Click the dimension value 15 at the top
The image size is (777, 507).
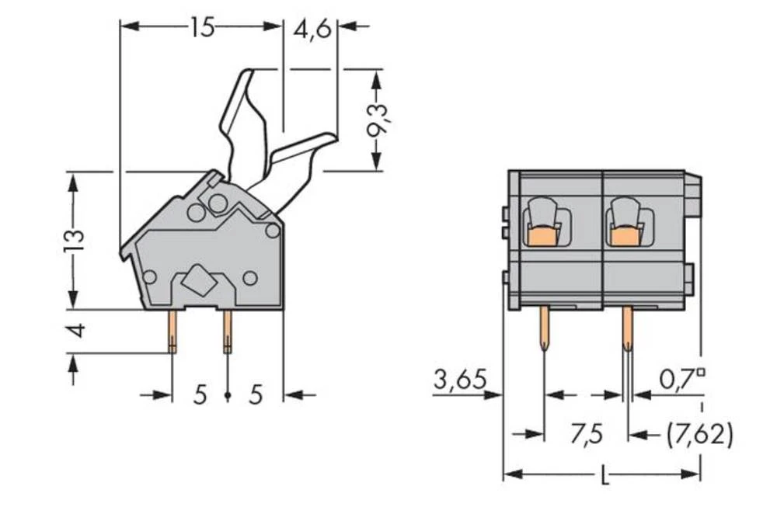(x=201, y=28)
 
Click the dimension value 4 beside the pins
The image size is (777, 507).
(x=75, y=332)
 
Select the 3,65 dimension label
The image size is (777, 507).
(x=459, y=380)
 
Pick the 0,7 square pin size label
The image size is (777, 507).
(x=682, y=380)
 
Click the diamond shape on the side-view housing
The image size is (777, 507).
(x=201, y=280)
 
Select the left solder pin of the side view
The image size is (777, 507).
(x=172, y=332)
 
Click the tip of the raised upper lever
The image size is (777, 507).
(x=246, y=74)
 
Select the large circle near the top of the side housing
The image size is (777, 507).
(x=218, y=204)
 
